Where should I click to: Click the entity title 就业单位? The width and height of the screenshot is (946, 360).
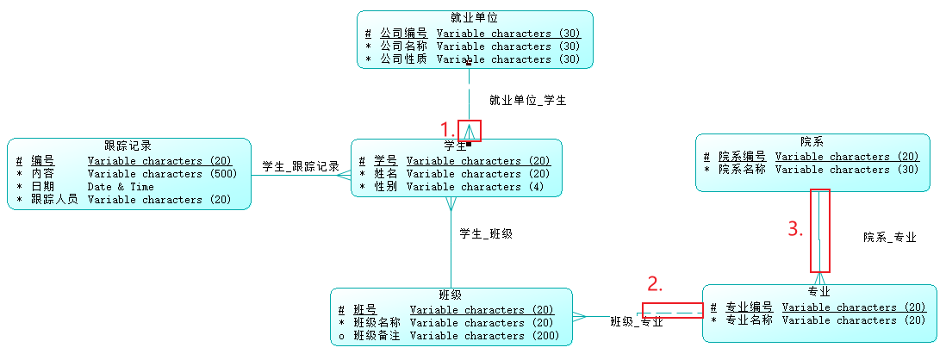474,17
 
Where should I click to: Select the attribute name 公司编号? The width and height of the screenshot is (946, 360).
403,34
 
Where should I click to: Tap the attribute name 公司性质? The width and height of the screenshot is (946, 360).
403,59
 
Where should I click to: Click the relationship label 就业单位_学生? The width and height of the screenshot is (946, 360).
527,101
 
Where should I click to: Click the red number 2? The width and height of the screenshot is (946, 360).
655,283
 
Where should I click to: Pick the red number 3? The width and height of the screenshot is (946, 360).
796,229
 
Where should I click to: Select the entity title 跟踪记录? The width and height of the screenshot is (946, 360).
128,146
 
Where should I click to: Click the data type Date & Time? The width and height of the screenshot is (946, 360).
121,187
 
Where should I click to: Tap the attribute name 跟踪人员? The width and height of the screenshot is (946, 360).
55,200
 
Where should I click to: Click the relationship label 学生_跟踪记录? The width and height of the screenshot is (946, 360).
301,166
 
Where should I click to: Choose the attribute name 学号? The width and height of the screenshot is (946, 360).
385,161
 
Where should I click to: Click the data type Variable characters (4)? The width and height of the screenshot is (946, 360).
475,187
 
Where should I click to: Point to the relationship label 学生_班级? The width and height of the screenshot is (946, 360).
486,233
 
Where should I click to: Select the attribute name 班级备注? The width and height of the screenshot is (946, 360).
377,336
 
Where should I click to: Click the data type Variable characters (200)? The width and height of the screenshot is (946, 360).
484,336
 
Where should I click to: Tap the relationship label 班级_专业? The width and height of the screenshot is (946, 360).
637,322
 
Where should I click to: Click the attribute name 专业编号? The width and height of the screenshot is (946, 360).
750,307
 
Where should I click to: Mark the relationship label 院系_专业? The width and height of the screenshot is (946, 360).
890,237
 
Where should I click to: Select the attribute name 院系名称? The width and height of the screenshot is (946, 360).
743,170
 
